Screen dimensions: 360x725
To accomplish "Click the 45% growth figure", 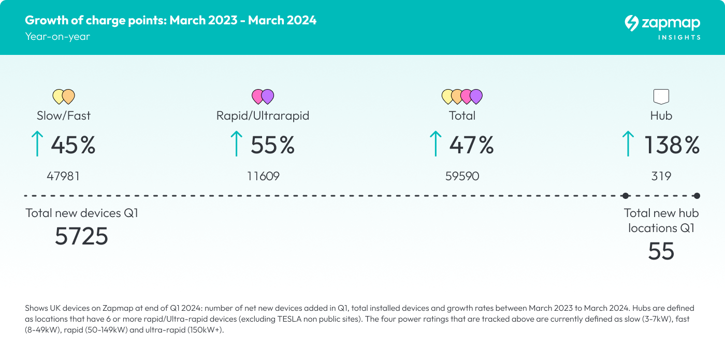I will click(73, 145).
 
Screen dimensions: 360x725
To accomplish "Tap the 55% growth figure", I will click(272, 145).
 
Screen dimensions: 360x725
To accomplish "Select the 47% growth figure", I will click(471, 145).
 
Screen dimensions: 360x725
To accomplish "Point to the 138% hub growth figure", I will click(672, 145).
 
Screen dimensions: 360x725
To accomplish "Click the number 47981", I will click(63, 176).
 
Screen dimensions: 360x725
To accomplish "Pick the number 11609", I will click(263, 176).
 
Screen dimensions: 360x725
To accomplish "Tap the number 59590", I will click(462, 176).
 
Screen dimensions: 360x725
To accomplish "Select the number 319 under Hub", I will click(661, 176).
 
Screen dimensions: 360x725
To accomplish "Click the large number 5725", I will click(81, 237).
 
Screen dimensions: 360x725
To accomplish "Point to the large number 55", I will click(661, 251).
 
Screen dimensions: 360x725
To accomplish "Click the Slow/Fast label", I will click(64, 116).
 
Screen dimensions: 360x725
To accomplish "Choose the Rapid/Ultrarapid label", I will click(263, 116).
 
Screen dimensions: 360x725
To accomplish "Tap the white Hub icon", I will click(661, 96).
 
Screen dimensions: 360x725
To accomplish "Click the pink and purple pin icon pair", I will click(263, 96).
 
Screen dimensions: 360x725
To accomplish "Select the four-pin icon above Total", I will click(462, 96).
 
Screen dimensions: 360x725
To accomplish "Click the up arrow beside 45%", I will click(37, 144).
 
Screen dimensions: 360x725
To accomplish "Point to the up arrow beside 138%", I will click(628, 144).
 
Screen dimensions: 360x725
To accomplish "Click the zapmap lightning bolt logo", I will click(631, 23).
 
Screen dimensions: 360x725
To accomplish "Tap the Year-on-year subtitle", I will click(57, 36).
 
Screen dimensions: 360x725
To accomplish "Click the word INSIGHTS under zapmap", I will click(679, 37).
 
